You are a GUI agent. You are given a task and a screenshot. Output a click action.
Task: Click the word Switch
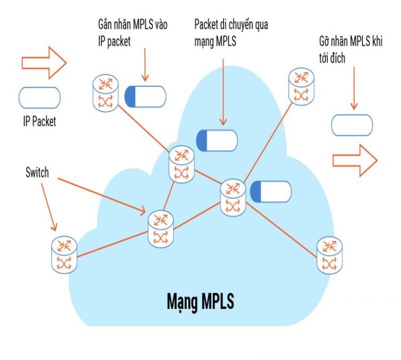37,173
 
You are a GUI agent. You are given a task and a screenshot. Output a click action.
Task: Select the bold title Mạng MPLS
200,302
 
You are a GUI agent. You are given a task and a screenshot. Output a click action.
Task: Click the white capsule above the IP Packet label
39,98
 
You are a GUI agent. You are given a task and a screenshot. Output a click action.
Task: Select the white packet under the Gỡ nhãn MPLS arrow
352,125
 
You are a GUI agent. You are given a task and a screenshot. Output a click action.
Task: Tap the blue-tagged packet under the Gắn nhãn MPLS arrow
145,96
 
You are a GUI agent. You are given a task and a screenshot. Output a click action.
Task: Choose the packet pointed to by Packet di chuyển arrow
217,140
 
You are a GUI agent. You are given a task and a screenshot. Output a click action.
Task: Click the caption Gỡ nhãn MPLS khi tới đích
350,49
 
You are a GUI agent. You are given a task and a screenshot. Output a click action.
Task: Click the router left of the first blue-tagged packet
106,93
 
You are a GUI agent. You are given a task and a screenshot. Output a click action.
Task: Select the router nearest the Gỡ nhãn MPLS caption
301,86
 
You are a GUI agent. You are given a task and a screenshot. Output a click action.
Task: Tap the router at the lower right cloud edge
329,255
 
